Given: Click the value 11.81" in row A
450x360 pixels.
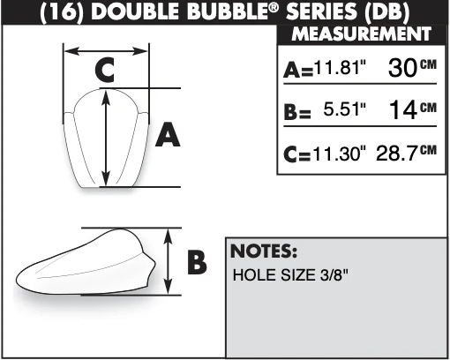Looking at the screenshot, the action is click(340, 67).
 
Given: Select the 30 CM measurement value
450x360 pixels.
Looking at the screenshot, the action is click(412, 67).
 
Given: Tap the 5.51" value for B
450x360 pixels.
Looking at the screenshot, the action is click(345, 109).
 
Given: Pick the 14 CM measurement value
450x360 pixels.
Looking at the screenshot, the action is click(413, 109).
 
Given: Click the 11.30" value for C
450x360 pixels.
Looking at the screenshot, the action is click(340, 154).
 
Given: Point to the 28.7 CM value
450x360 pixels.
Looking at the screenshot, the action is click(406, 153).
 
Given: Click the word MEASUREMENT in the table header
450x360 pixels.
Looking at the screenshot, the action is click(361, 34).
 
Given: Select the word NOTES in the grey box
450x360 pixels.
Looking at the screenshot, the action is click(264, 251).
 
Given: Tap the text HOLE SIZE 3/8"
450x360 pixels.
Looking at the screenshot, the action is click(290, 275).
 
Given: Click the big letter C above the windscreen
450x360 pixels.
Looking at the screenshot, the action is click(105, 70).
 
